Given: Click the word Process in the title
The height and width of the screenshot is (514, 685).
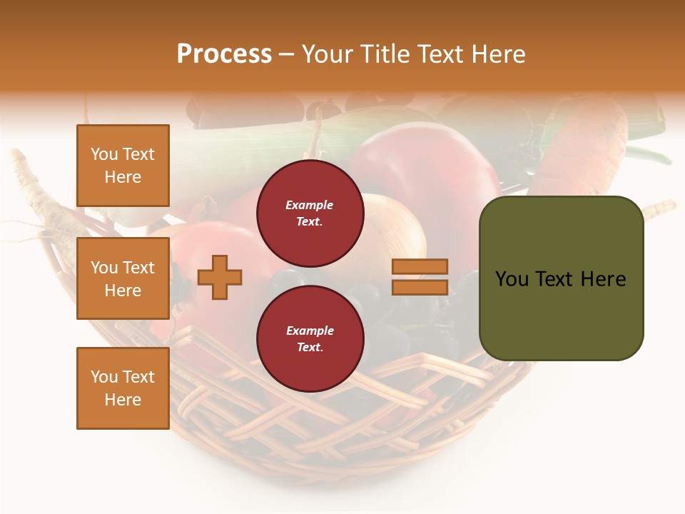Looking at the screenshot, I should click(224, 54).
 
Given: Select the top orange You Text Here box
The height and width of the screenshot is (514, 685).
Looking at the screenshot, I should click(123, 166).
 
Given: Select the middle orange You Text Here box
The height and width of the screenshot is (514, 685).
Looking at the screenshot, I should click(123, 278).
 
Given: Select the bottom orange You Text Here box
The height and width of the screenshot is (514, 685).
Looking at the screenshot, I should click(123, 388).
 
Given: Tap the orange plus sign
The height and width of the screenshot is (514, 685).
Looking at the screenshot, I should click(220, 277).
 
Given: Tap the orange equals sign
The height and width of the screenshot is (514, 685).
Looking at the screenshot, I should click(420, 277).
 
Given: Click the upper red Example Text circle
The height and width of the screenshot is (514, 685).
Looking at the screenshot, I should click(310, 213).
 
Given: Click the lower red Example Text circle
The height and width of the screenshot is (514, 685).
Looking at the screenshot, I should click(310, 339).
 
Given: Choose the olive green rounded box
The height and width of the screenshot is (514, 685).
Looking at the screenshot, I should click(561, 278).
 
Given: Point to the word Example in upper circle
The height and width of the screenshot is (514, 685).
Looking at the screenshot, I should click(310, 206).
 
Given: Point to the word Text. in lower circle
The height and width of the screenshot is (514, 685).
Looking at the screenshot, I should click(310, 348).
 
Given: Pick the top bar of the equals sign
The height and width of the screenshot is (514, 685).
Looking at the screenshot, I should click(420, 266).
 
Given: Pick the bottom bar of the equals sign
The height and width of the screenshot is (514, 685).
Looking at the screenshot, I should click(420, 288).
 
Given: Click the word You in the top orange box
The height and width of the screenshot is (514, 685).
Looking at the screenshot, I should click(104, 154).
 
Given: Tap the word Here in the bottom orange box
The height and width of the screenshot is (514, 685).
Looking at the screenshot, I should click(123, 400).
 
